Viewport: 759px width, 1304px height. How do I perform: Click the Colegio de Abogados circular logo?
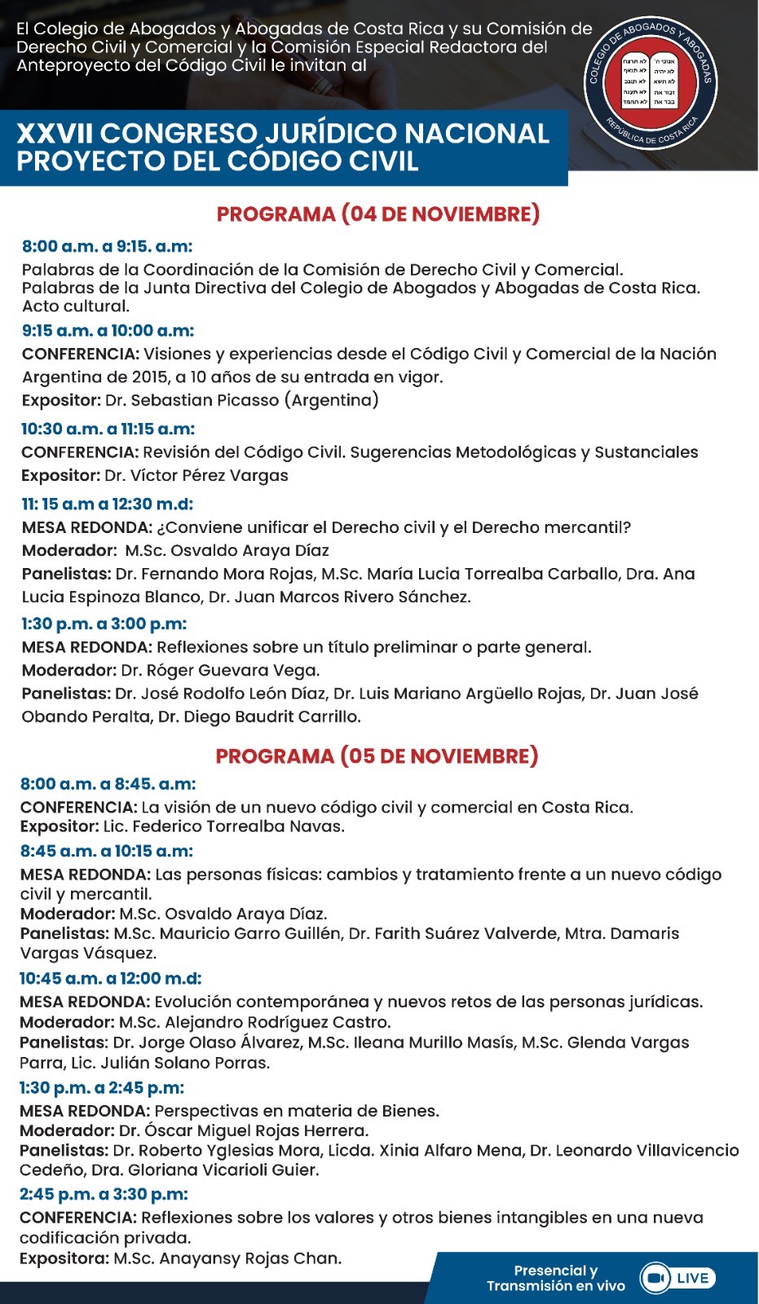tap(651, 81)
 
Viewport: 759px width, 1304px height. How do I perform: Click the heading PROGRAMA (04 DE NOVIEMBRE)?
tap(378, 214)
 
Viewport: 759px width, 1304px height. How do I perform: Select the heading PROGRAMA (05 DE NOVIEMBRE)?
tap(377, 756)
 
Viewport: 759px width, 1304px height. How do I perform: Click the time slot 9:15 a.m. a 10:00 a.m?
tap(108, 331)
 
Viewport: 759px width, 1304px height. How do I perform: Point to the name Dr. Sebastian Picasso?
tap(241, 400)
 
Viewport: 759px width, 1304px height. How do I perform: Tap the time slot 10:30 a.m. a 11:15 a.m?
tap(108, 429)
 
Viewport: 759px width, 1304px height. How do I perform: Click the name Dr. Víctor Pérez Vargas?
tap(196, 475)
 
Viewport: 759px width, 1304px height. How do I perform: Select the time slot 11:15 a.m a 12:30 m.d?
tap(107, 504)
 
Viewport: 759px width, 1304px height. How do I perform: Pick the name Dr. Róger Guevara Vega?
tap(220, 670)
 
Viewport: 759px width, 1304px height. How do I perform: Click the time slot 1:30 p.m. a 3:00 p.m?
tap(104, 623)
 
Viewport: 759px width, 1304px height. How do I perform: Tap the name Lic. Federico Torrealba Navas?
tap(223, 826)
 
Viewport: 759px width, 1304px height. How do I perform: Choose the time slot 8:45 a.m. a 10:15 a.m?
tap(106, 851)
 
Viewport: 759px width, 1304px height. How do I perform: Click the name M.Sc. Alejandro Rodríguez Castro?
tap(254, 1022)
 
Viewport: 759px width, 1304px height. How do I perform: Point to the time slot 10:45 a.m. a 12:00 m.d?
tap(110, 978)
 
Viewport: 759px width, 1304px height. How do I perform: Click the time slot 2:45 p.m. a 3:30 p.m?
tap(104, 1194)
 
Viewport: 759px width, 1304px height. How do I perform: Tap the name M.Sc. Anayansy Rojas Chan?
tap(227, 1258)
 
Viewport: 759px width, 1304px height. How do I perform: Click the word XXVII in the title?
tap(55, 134)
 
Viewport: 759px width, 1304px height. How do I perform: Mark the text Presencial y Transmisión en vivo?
tap(555, 1278)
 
